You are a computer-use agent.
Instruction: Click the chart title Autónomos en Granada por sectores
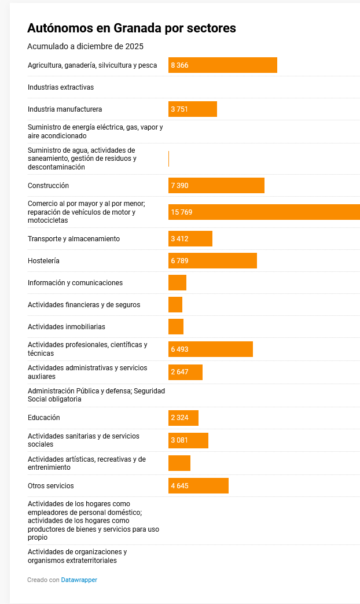click(131, 28)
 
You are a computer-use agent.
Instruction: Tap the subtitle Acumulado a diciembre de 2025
click(85, 46)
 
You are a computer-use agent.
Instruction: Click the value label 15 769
click(182, 212)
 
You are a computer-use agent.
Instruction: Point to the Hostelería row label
click(43, 261)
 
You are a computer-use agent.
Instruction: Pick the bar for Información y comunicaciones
click(177, 283)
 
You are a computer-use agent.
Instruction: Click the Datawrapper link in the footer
click(79, 580)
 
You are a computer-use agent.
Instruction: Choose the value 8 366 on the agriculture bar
click(179, 65)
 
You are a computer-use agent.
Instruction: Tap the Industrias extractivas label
click(61, 87)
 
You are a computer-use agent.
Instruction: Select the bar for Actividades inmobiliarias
click(176, 327)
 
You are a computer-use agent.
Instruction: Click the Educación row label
click(44, 418)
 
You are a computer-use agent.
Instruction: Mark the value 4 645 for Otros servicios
click(179, 486)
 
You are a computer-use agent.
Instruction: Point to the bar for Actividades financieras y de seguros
click(175, 305)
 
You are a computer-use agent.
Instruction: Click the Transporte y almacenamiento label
click(74, 239)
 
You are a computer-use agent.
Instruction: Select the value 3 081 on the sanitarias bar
click(179, 441)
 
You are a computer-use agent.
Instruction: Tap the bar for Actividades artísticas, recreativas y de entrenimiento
click(179, 463)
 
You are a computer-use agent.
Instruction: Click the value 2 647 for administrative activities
click(179, 372)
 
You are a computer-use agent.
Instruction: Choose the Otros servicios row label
click(51, 486)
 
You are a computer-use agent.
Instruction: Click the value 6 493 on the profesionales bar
click(179, 349)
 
